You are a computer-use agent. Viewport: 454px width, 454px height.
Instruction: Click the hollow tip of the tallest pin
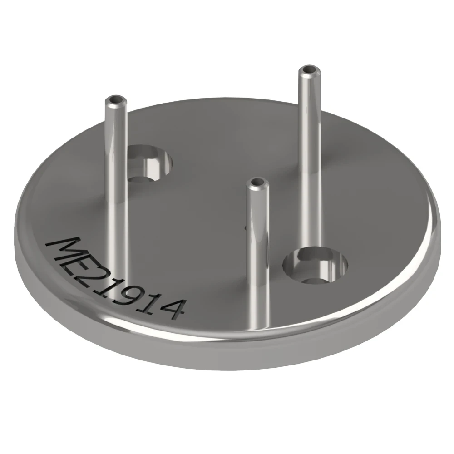[310, 70]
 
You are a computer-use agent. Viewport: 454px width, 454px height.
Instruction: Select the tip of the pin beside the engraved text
[115, 99]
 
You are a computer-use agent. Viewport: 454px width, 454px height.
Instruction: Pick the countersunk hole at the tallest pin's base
[315, 265]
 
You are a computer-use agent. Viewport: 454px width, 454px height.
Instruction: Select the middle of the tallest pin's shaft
[310, 159]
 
